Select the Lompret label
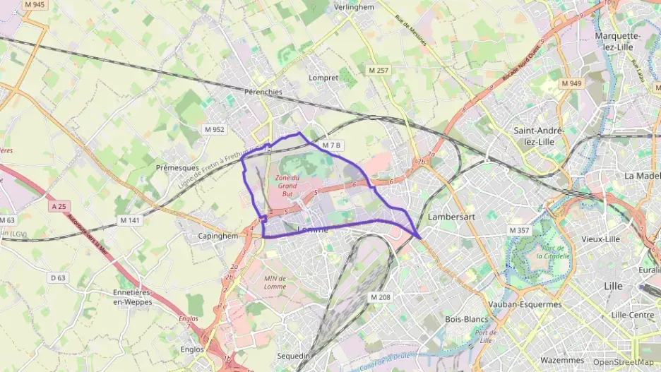(x=324, y=78)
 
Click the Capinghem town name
(x=218, y=236)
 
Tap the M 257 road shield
(x=379, y=71)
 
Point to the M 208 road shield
(x=380, y=297)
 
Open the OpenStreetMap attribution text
(x=622, y=362)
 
